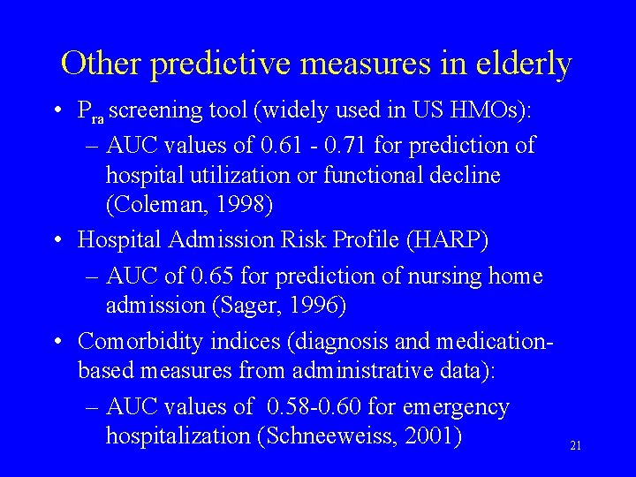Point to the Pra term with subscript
(x=91, y=112)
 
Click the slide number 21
(x=575, y=447)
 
